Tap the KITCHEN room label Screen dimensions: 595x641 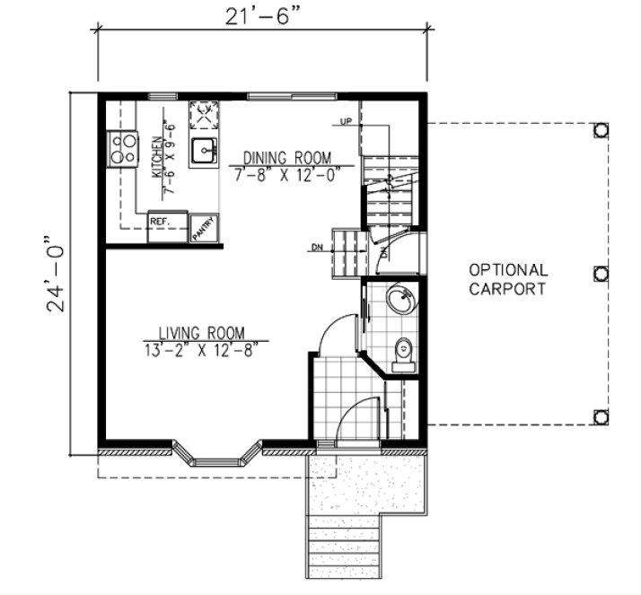tap(156, 159)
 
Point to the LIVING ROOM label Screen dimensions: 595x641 tap(202, 331)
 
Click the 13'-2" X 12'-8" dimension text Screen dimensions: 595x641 tap(202, 348)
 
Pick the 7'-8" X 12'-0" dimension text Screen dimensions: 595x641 tap(285, 175)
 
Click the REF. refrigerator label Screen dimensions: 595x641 tap(161, 220)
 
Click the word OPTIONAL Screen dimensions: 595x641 tap(507, 269)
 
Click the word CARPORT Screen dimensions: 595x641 tap(507, 289)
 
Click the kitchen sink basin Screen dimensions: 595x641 tap(206, 151)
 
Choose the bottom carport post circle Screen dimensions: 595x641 tap(601, 416)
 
